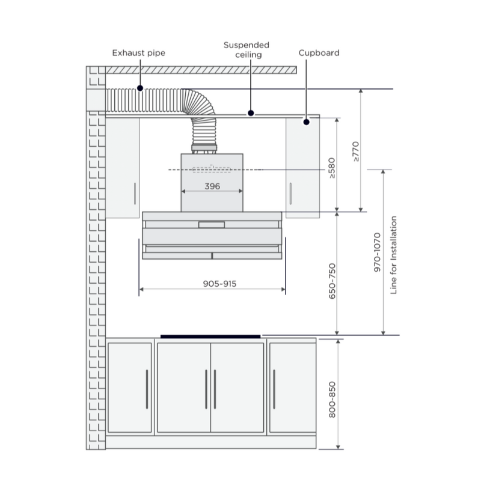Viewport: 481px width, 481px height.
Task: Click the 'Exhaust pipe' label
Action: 139,53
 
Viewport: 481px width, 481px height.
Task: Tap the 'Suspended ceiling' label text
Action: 247,50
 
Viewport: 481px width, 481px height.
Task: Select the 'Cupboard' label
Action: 319,53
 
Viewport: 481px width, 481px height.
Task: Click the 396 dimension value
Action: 212,186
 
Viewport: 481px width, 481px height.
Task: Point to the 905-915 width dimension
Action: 219,284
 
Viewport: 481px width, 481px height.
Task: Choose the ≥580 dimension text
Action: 332,168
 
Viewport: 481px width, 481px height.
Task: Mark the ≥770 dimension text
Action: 355,152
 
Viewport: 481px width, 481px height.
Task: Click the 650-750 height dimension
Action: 332,281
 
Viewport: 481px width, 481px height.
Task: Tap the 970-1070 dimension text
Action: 377,252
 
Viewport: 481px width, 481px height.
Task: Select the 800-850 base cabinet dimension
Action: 332,400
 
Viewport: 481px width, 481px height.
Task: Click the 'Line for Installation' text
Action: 394,255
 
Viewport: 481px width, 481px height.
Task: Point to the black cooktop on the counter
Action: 210,337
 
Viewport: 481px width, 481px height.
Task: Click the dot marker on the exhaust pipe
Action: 140,88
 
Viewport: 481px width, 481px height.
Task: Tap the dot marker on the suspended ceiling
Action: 251,113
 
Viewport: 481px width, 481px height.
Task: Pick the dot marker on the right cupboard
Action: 306,122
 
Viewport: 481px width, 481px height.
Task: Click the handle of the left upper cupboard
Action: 135,194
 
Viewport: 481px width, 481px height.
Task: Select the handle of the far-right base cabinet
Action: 274,389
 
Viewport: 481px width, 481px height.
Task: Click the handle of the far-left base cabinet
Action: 147,389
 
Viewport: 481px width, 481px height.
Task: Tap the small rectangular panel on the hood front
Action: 212,225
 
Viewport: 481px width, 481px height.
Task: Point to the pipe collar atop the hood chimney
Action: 204,149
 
